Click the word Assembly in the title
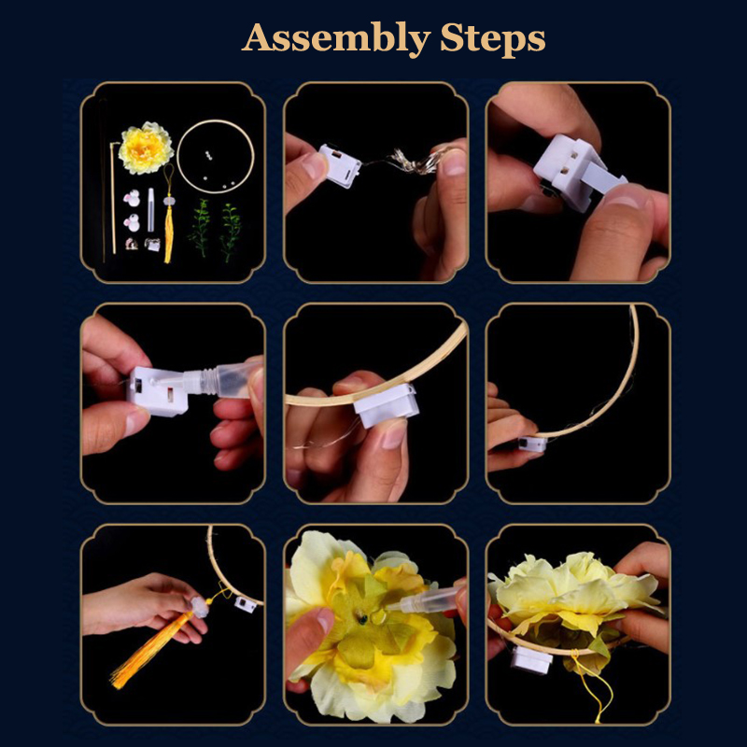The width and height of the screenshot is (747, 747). point(336,39)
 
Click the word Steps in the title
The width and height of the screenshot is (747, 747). point(493,37)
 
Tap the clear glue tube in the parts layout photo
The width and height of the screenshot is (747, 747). point(151,209)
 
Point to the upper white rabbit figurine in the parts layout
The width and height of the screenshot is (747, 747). point(132,198)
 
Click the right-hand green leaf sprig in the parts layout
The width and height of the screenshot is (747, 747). point(231,232)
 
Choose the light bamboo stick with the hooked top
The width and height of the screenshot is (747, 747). point(113,196)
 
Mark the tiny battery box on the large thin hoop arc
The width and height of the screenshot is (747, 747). point(532,444)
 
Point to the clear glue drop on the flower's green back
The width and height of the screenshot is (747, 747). point(378,618)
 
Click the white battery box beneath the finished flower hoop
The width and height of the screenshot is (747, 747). point(532,660)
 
